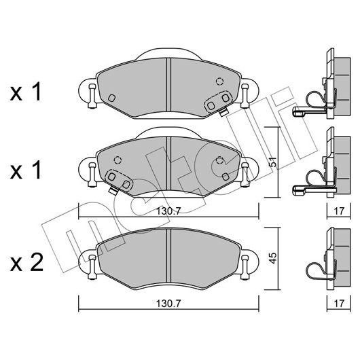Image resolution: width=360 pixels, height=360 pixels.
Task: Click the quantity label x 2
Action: tap(26, 263)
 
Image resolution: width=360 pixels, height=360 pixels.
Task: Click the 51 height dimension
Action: tap(272, 162)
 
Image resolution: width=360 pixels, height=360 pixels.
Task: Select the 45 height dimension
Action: tap(273, 259)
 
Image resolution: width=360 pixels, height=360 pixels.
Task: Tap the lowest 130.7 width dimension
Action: tap(168, 304)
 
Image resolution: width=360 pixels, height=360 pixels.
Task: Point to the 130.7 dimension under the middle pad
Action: tap(168, 211)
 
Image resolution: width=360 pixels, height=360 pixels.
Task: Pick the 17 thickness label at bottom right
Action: tap(339, 304)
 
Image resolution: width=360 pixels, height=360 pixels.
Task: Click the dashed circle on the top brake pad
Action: tap(219, 82)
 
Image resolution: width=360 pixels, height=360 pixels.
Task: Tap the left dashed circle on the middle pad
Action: tap(118, 160)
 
